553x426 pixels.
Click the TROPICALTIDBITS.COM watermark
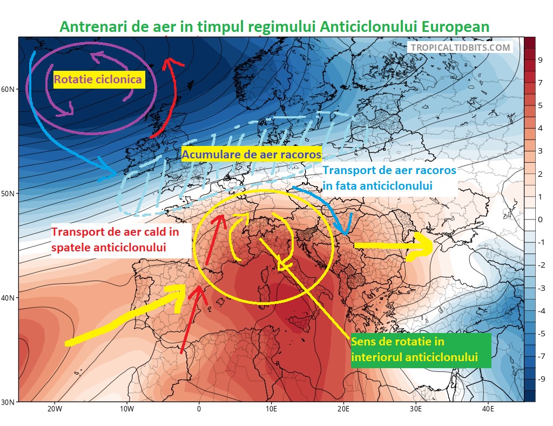(460, 48)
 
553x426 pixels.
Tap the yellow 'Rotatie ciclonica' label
(98, 81)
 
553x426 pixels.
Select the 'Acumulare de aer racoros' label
(252, 155)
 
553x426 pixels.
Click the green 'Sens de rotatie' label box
(421, 350)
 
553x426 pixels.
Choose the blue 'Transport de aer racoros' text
(389, 178)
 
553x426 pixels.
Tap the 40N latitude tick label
(9, 298)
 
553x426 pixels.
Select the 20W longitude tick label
(54, 409)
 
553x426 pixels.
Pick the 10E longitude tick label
(271, 409)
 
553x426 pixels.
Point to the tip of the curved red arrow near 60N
(170, 59)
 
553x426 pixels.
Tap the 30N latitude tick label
(9, 402)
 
